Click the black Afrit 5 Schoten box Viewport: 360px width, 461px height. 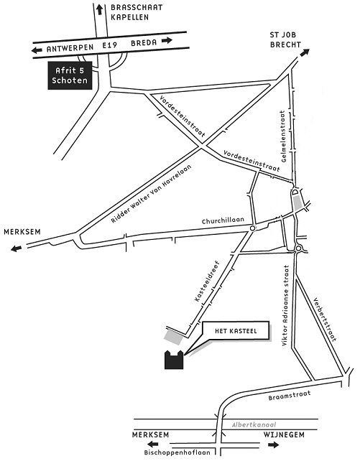(70, 75)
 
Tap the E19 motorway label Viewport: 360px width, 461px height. (110, 45)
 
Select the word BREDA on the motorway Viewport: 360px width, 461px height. (144, 43)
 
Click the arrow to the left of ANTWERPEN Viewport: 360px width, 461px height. (37, 50)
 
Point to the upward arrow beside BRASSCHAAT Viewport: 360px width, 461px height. (100, 10)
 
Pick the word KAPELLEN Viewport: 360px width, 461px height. (130, 17)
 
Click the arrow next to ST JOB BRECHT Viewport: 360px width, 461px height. (305, 52)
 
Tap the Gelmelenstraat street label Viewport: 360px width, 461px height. (283, 136)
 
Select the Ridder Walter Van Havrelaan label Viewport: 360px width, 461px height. (151, 193)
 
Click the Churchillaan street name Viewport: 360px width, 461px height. (223, 220)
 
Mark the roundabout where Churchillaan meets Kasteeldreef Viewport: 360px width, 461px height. (252, 228)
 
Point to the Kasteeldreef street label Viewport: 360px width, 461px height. (207, 281)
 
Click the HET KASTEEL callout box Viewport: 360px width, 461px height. (236, 331)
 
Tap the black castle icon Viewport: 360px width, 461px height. (174, 360)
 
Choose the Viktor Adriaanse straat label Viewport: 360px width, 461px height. (285, 305)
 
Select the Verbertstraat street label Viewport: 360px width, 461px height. (324, 320)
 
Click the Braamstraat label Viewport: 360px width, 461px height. (290, 396)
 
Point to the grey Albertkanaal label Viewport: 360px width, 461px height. (254, 424)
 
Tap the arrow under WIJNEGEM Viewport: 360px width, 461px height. (273, 444)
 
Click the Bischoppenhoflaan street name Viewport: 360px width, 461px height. (177, 452)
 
